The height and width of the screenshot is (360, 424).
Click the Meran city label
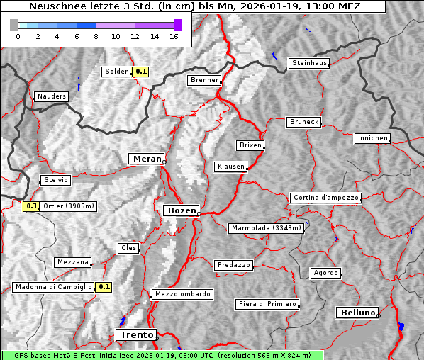[x=146, y=159]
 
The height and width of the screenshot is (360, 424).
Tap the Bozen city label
[x=181, y=210]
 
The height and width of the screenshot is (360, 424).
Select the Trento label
[x=136, y=334]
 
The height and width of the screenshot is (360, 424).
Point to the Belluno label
[x=357, y=312]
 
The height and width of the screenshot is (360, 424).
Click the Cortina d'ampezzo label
[x=325, y=198]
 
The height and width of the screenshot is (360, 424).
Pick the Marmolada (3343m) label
[x=267, y=228]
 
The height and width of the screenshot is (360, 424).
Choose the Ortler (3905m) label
[x=68, y=206]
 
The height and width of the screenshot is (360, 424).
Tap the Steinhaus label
[x=309, y=63]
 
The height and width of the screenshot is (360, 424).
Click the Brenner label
[x=204, y=80]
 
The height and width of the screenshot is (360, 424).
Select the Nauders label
[x=51, y=96]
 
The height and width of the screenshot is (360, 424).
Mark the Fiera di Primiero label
[x=266, y=304]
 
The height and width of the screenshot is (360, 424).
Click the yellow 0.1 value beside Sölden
[x=141, y=71]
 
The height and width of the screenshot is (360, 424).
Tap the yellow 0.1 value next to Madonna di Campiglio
[x=104, y=287]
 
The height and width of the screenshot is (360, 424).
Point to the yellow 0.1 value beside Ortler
[x=30, y=206]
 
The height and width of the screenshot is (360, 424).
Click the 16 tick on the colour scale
[x=174, y=36]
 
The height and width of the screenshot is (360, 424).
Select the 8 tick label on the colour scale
[x=96, y=36]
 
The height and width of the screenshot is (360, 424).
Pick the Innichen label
[x=372, y=138]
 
